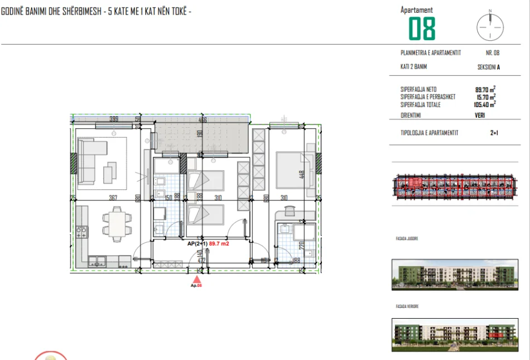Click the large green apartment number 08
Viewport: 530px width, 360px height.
pyautogui.click(x=422, y=28)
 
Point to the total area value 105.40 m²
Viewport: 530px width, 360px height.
pyautogui.click(x=484, y=104)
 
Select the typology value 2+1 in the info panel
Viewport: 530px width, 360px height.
pyautogui.click(x=494, y=133)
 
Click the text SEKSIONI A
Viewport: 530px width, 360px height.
pyautogui.click(x=489, y=67)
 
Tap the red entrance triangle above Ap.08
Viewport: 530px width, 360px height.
pyautogui.click(x=196, y=279)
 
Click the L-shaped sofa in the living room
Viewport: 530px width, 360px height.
pyautogui.click(x=92, y=160)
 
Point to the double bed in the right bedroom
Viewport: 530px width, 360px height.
pyautogui.click(x=291, y=167)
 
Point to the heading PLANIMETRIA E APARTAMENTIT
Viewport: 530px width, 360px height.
pyautogui.click(x=430, y=52)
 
